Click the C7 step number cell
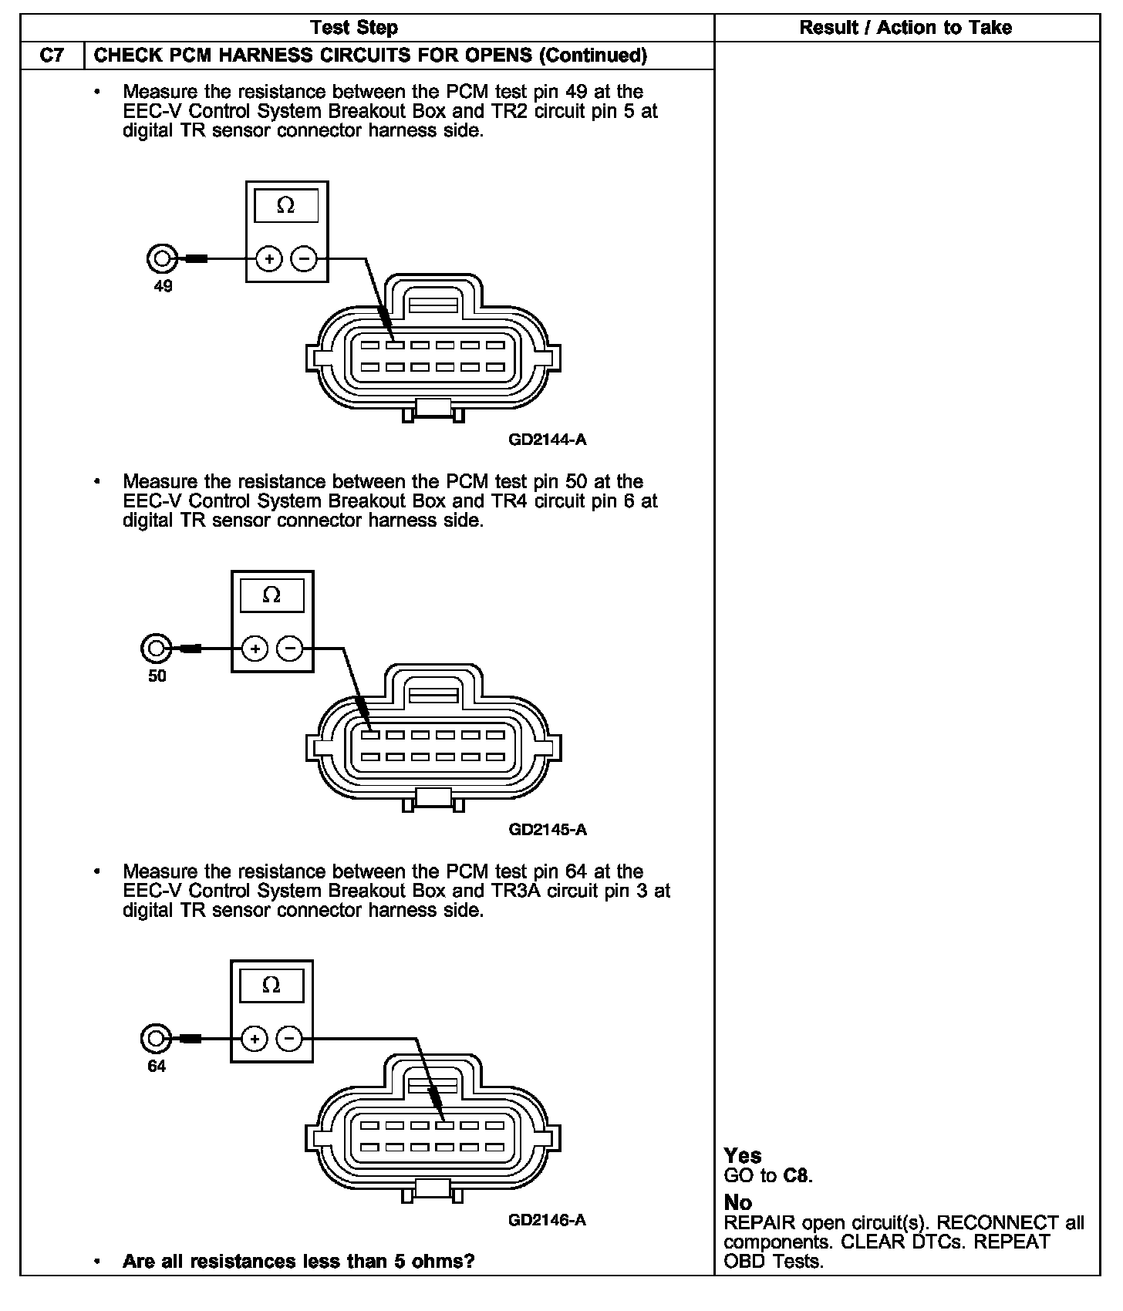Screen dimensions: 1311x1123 coord(51,56)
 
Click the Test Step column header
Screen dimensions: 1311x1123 coord(354,28)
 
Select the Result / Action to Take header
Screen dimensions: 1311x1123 coord(905,28)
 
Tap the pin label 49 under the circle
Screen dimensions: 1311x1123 coord(163,286)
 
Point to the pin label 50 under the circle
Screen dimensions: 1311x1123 coord(157,676)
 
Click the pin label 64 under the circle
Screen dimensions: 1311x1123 coord(157,1067)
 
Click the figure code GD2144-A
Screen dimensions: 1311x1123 coord(548,440)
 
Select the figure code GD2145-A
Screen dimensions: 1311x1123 coord(548,830)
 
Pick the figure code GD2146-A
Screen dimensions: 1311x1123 coord(548,1220)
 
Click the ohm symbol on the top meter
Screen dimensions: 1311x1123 coord(286,206)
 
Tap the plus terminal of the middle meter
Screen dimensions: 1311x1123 coord(255,649)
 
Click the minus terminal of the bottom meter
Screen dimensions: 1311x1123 coord(289,1039)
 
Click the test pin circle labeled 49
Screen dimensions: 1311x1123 coord(161,258)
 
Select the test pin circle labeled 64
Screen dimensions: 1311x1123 coord(155,1039)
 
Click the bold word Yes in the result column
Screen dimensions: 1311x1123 coord(743,1156)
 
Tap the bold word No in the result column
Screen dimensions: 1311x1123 coord(738,1203)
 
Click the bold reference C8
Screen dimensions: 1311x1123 coord(796,1176)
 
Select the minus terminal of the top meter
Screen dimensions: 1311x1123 coord(304,258)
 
